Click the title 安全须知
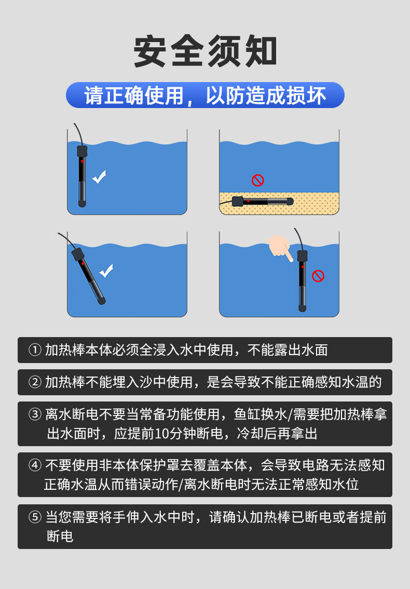point(206,51)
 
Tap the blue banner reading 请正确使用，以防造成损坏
point(205,95)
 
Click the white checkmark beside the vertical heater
point(99,177)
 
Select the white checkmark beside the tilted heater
point(106,271)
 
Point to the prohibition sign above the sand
point(257,180)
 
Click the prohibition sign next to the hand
point(318,276)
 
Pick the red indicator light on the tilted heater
point(83,264)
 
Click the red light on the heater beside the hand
point(303,266)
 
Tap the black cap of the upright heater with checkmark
point(82,151)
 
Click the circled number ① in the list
point(35,350)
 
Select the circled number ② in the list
point(35,382)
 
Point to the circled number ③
point(35,414)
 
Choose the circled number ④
point(35,465)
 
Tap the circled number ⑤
point(35,517)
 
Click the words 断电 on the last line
point(60,536)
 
